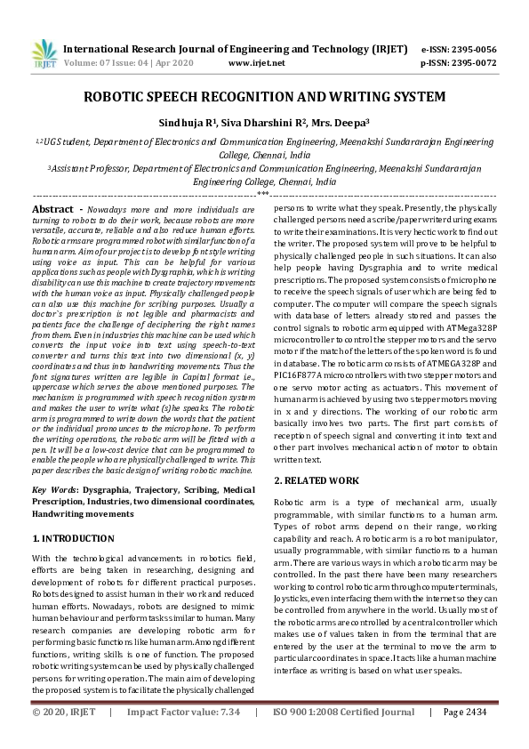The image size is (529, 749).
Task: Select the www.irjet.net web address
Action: tap(257, 63)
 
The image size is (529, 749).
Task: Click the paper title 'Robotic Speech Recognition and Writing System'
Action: tap(264, 95)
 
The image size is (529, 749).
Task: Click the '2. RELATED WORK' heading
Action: tap(316, 480)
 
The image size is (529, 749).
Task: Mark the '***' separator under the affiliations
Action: tap(264, 194)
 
